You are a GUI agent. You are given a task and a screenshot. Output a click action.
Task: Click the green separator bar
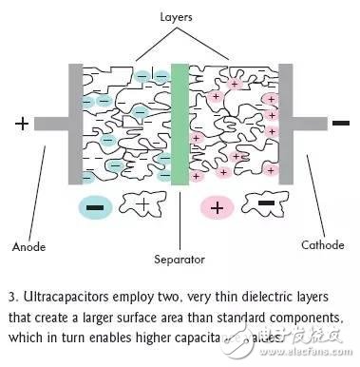178,124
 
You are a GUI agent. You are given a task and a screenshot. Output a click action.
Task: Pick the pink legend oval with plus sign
217,205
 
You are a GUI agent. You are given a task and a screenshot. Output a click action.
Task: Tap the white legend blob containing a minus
263,204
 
